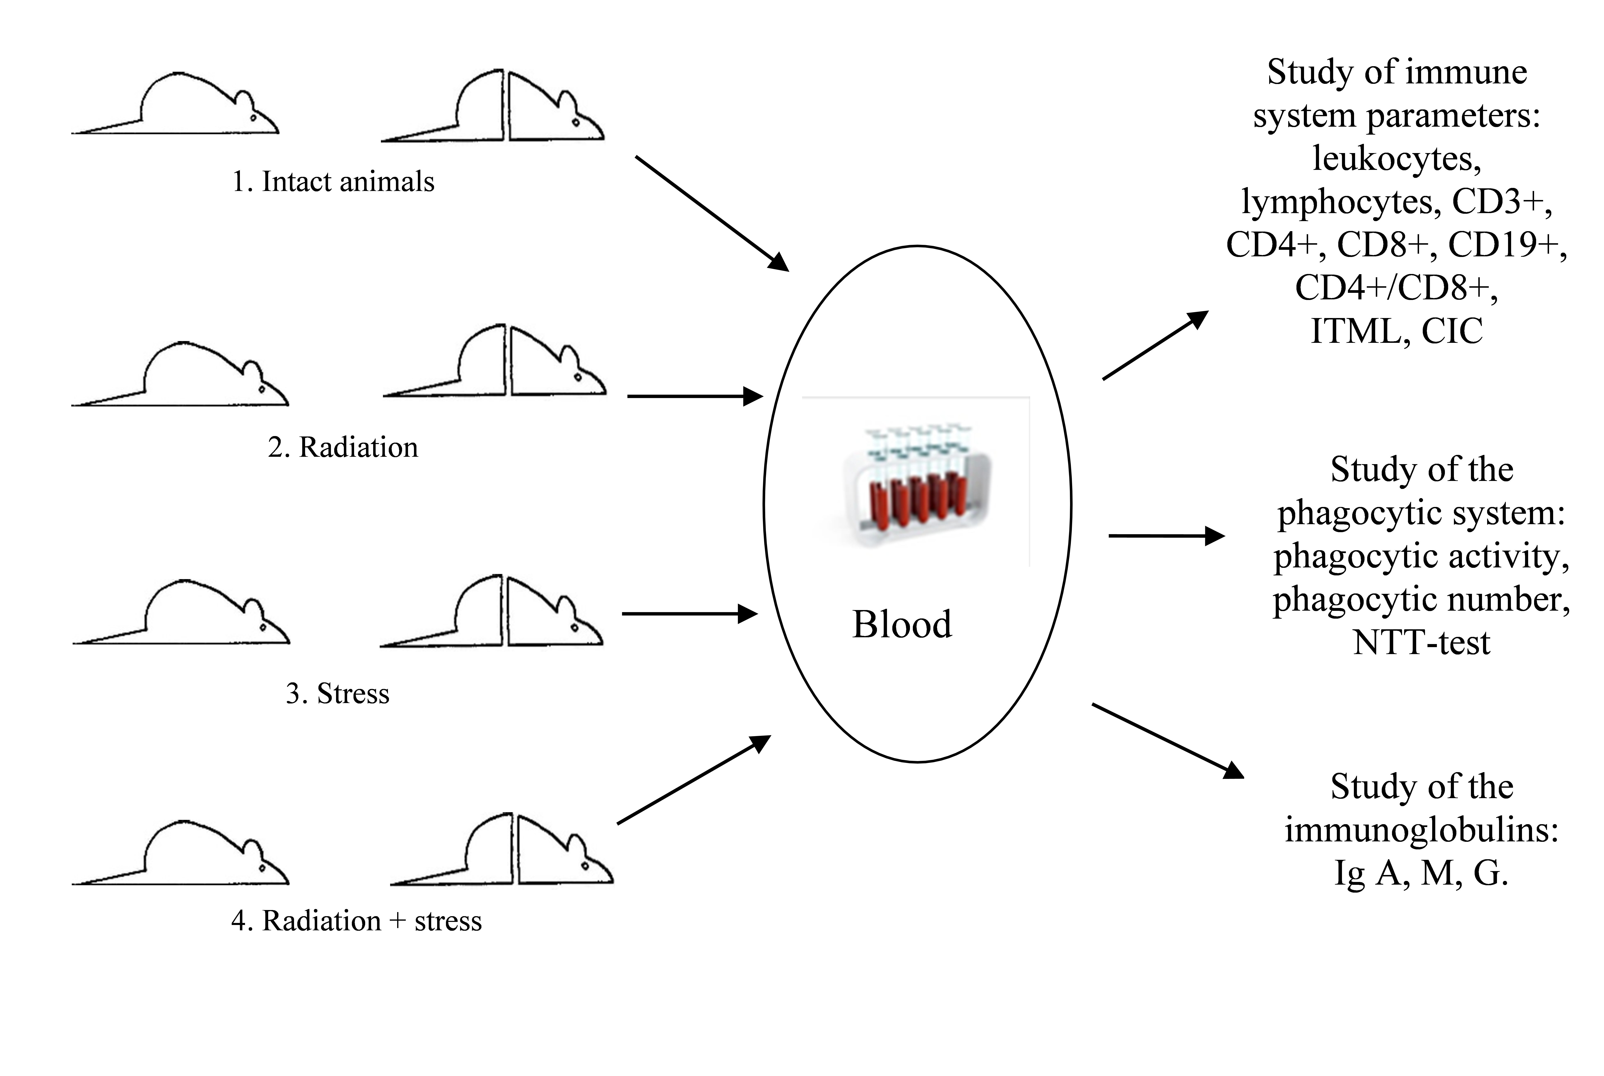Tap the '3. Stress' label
coord(337,694)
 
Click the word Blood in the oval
coord(902,624)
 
